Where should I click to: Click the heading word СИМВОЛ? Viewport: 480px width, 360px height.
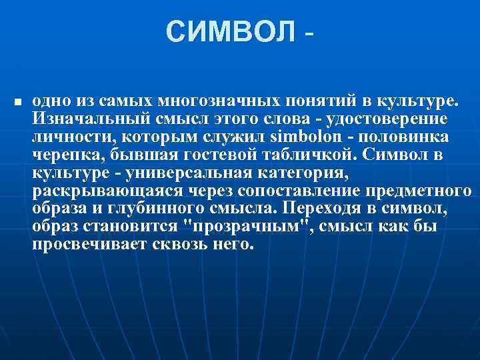(x=229, y=31)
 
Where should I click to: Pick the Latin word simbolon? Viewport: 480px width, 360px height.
(x=302, y=137)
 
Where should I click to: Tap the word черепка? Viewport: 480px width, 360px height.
(x=62, y=155)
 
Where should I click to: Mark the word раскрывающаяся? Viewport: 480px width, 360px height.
(x=89, y=191)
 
